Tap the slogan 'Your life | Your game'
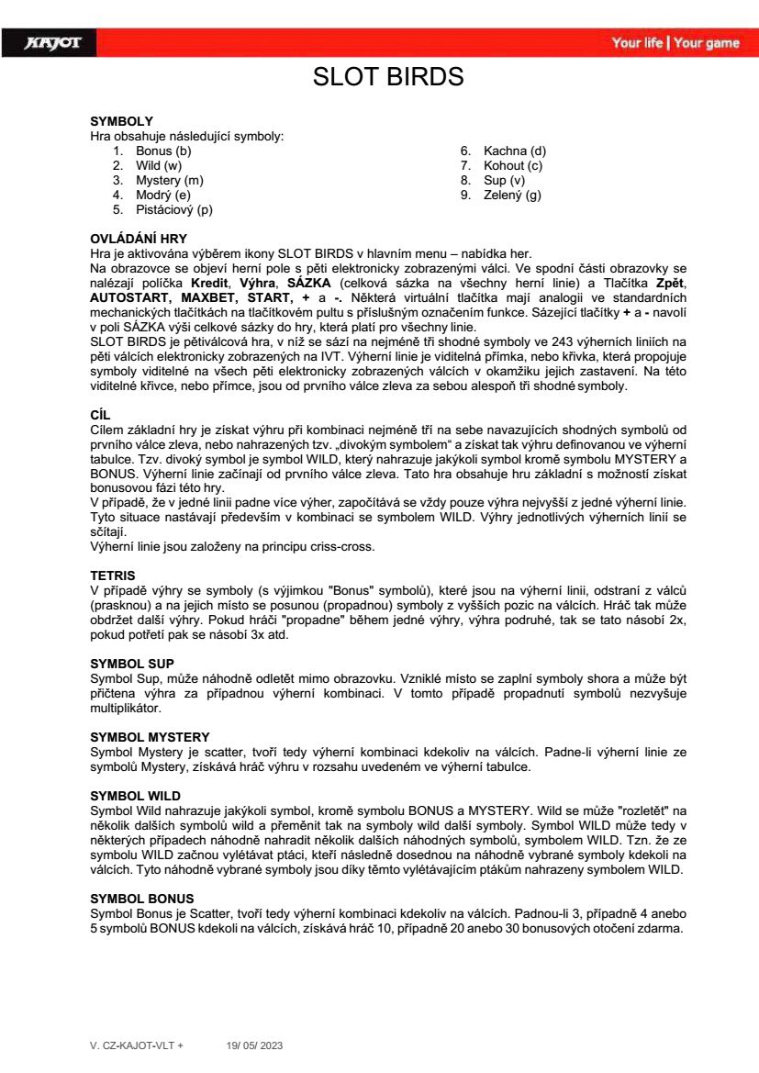pos(675,43)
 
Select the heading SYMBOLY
pos(121,120)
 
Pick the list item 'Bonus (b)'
pos(163,151)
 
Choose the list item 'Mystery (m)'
pos(169,180)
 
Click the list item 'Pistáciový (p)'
pos(173,209)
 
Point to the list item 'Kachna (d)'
pos(515,151)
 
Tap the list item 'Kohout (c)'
pos(514,165)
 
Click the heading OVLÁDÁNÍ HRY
pos(138,239)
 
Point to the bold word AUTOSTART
pos(128,298)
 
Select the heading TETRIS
pos(112,576)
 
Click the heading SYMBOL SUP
pos(132,662)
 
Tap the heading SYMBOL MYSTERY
pos(150,737)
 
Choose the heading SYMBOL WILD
pos(135,795)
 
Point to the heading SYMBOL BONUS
pos(141,898)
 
